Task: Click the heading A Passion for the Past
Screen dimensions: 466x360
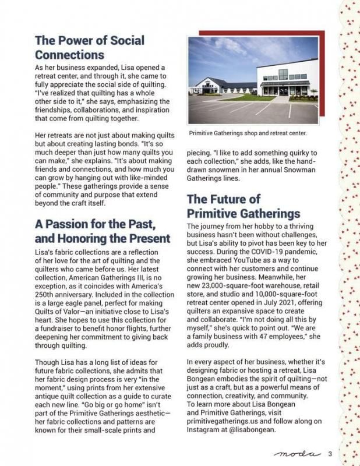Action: tap(103, 231)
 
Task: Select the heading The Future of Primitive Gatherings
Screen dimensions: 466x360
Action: tap(243, 206)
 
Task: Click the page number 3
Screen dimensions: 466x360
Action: tap(330, 454)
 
